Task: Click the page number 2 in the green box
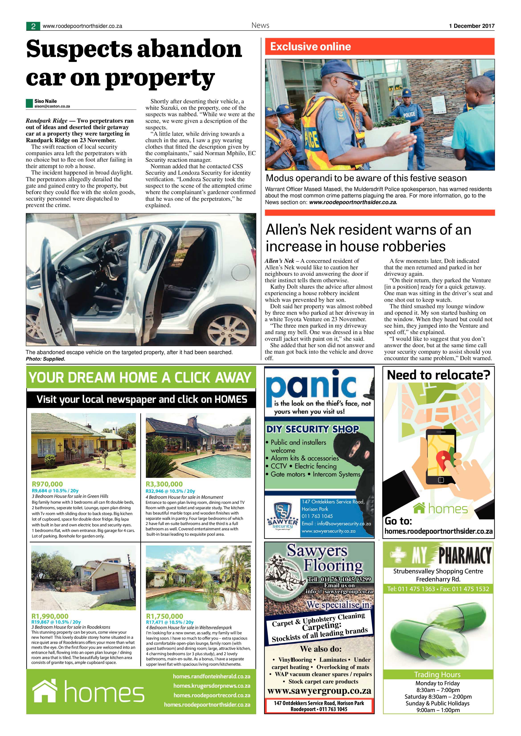33,26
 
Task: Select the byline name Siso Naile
46,101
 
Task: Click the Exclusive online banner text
310,47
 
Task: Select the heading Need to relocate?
438,375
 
